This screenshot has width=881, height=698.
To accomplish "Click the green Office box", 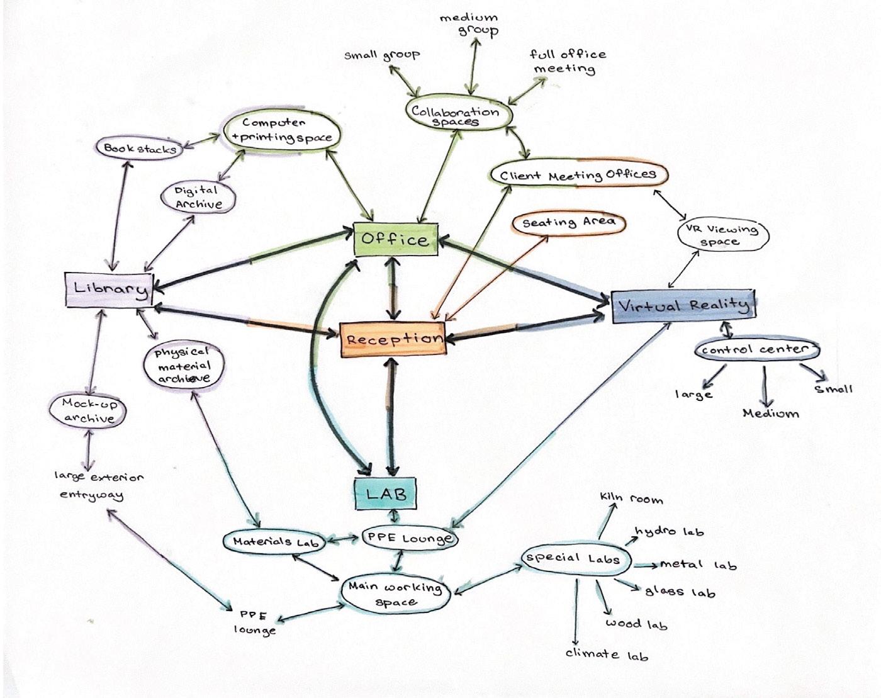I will click(x=395, y=239).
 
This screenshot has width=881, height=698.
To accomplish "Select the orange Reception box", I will click(x=393, y=339).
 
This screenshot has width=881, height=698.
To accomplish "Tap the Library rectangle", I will click(x=109, y=290).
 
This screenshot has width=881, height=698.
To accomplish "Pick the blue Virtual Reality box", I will click(x=683, y=306).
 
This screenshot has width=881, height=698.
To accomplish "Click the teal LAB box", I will click(x=386, y=493).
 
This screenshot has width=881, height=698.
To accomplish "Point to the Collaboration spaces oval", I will click(x=456, y=115).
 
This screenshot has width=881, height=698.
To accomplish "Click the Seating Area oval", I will click(x=568, y=223).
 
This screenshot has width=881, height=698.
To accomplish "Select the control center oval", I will click(x=755, y=349).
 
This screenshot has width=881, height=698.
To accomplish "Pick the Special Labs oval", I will click(x=574, y=558).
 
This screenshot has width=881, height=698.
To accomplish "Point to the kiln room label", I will click(x=631, y=499).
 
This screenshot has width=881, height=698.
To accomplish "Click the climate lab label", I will click(x=606, y=654).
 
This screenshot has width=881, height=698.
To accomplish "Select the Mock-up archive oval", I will click(x=89, y=410).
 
